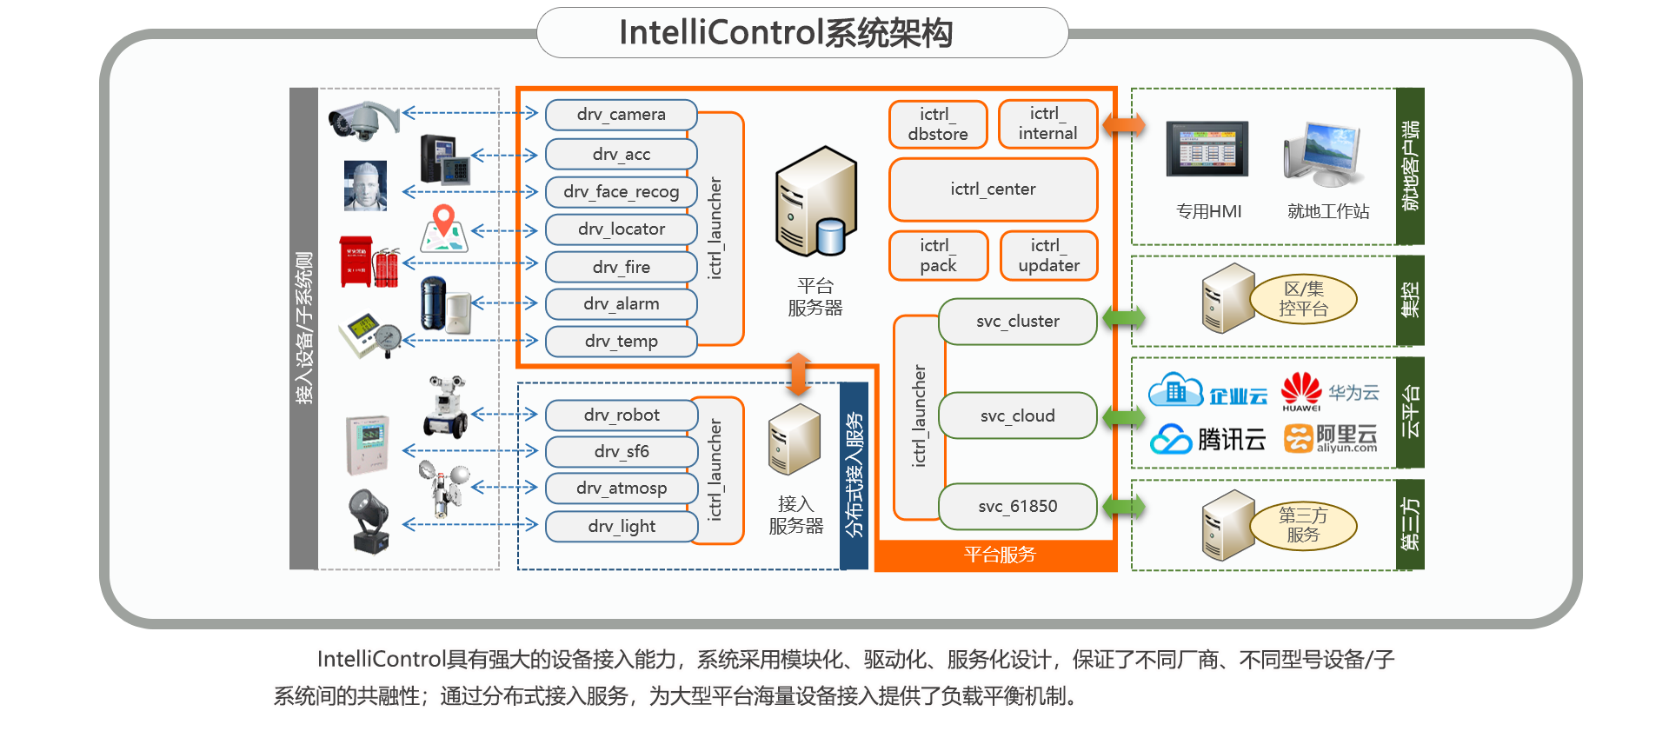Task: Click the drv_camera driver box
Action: tap(621, 115)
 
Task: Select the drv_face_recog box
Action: tap(621, 191)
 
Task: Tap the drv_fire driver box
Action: tap(621, 267)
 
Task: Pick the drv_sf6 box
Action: tap(621, 451)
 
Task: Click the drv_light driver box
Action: tap(621, 526)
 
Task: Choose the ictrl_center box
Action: tap(993, 189)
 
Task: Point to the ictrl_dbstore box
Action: tap(938, 124)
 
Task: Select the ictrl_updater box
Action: tap(1048, 256)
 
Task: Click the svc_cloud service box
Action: tap(1017, 415)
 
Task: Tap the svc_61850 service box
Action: tap(1017, 506)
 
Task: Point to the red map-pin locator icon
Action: tap(444, 224)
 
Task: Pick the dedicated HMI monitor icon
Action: tap(1207, 150)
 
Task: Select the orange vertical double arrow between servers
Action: tap(798, 374)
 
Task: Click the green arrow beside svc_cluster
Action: tap(1124, 317)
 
